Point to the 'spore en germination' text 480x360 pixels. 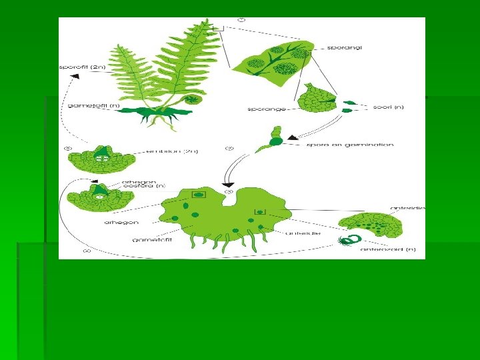[x=349, y=144]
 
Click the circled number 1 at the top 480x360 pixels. [x=241, y=20]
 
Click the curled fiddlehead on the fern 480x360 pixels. [x=193, y=100]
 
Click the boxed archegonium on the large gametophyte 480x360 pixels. [x=198, y=195]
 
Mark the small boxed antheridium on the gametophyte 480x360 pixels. [x=260, y=212]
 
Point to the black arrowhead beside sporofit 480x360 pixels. [x=75, y=77]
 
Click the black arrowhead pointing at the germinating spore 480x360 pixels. [x=292, y=137]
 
